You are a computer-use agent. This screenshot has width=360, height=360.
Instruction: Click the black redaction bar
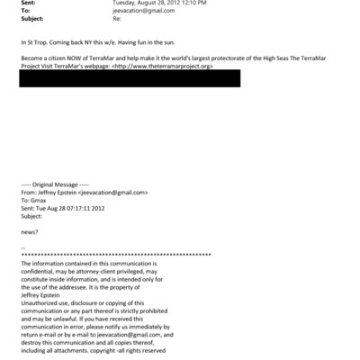(130, 78)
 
